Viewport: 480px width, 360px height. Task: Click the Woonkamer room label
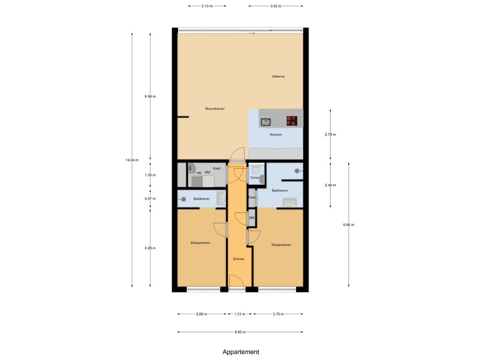point(215,109)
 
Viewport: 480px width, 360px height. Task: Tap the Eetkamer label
point(278,76)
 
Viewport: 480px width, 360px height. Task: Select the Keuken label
point(276,135)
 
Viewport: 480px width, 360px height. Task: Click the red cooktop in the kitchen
point(292,121)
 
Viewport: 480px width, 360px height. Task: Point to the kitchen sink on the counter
point(266,122)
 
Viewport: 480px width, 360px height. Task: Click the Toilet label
point(255,178)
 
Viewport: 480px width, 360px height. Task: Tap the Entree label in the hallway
point(239,259)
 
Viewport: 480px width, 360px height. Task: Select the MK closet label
point(252,218)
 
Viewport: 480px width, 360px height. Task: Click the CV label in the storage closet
point(191,165)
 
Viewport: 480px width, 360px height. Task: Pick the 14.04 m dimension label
point(132,160)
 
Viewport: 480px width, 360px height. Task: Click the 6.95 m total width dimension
point(240,332)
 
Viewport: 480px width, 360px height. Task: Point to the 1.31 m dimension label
point(240,314)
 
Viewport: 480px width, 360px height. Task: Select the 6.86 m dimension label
point(349,225)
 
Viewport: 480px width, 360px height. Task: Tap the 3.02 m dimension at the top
point(276,6)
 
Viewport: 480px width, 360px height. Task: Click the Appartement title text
point(241,352)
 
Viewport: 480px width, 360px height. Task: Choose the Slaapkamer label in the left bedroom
point(200,243)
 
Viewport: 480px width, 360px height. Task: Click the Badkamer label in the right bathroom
point(280,190)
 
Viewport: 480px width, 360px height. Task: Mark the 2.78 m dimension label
point(330,135)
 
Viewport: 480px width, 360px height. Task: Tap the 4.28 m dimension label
point(150,248)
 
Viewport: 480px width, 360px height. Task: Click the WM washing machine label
point(207,172)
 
